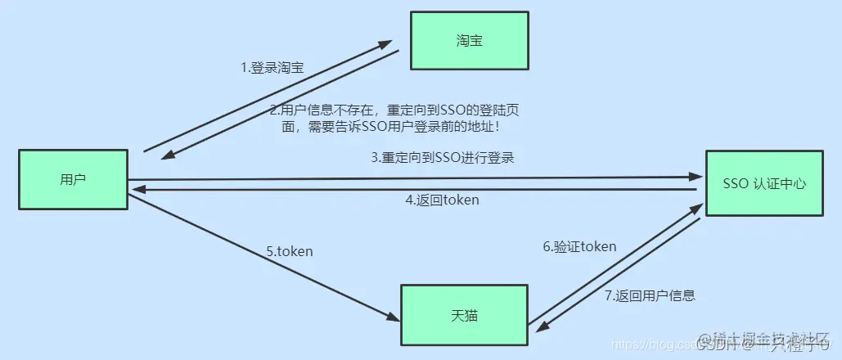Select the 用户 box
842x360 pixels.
tap(73, 180)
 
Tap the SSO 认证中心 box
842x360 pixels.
tap(765, 183)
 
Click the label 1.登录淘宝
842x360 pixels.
tap(272, 68)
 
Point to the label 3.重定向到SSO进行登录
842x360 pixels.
tap(442, 157)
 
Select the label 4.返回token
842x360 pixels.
tap(442, 200)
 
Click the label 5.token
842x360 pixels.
tap(290, 252)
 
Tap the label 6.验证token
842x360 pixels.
tap(579, 246)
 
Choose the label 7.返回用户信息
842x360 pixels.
tap(651, 295)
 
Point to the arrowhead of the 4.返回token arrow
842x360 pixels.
tap(137, 188)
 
